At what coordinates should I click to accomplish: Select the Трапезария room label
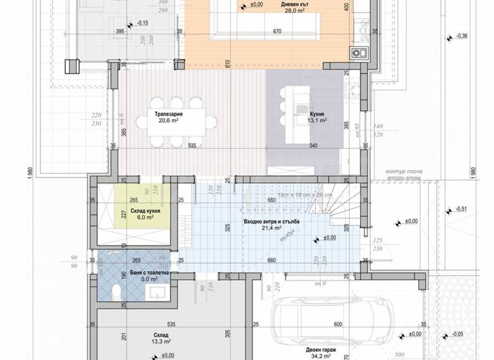tap(167, 113)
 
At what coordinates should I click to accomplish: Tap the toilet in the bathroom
tap(114, 294)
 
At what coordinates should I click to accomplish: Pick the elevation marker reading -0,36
tap(461, 36)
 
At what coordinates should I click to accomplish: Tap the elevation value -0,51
tap(461, 209)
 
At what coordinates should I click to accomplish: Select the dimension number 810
tap(227, 64)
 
